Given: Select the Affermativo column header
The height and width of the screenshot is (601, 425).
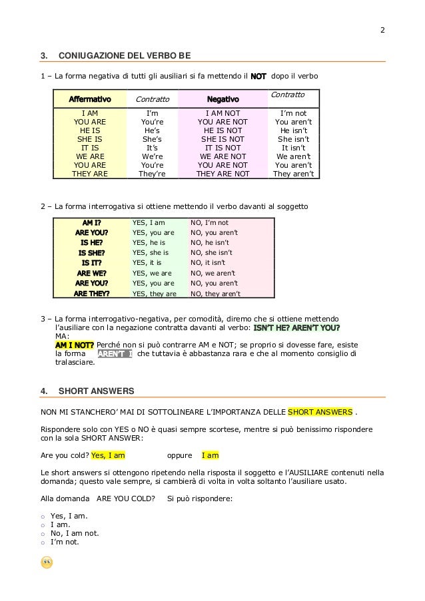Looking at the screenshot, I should [90, 100].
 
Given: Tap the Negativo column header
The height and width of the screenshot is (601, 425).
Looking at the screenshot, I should [222, 100].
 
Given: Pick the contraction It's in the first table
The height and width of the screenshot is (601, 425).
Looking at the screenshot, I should [152, 148].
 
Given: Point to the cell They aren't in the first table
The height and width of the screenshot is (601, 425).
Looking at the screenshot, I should [293, 174].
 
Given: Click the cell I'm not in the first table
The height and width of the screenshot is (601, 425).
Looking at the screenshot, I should [294, 114].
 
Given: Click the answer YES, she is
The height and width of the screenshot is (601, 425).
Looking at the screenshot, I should [151, 253].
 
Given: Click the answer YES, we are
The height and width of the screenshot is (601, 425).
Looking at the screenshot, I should [151, 273].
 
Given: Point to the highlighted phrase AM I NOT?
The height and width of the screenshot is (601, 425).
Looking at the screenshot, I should [74, 345].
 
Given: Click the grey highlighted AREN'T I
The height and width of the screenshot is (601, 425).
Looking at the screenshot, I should [115, 354].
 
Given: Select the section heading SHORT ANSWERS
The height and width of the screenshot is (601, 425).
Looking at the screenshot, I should [96, 391].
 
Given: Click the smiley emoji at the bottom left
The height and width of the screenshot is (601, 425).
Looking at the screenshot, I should [47, 562].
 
